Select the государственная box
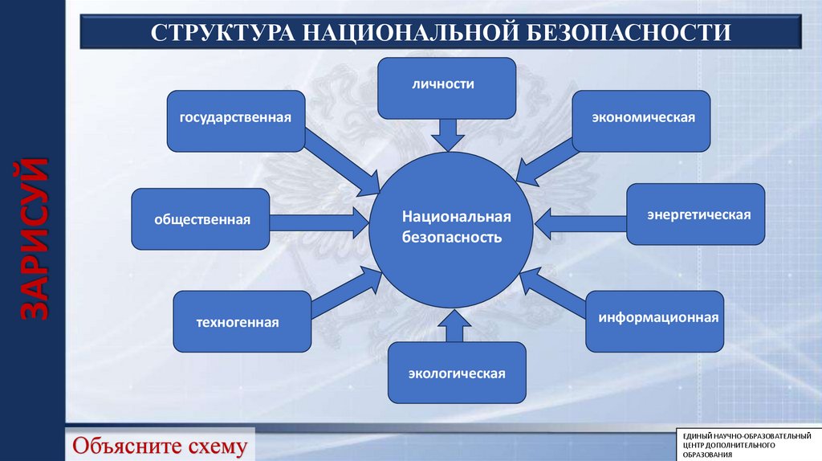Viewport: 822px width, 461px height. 235,120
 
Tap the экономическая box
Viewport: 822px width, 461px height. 642,120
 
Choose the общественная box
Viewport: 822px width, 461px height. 201,218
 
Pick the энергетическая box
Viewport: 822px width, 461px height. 695,214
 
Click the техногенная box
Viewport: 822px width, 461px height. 242,321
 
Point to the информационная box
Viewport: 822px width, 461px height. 655,321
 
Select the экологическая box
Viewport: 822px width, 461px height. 457,373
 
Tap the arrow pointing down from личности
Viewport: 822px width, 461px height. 447,134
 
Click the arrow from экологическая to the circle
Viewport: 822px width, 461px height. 453,328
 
